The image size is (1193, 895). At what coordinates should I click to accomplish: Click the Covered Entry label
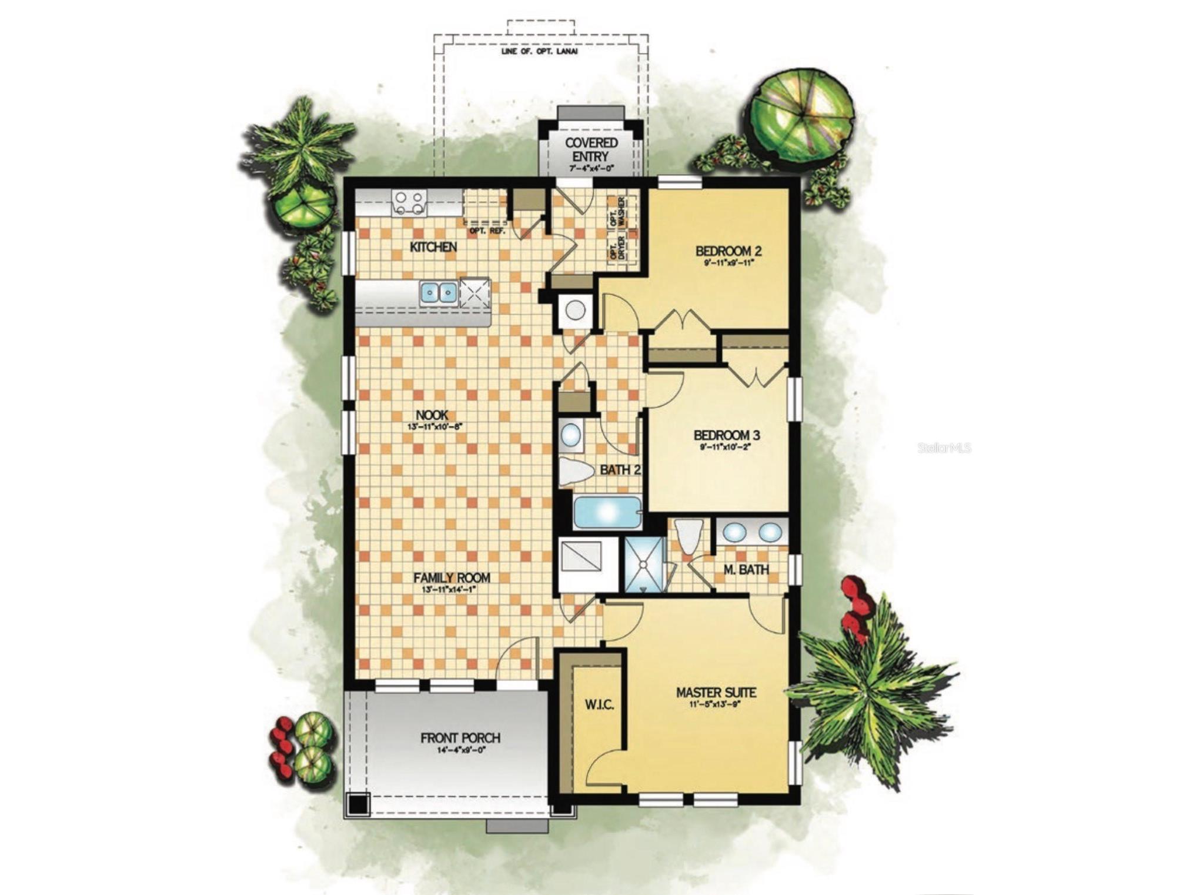pyautogui.click(x=591, y=149)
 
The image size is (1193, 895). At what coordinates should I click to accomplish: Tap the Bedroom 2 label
pyautogui.click(x=729, y=251)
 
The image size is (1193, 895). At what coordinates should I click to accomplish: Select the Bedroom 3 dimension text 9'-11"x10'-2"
pyautogui.click(x=727, y=447)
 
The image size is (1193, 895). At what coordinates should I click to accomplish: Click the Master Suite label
pyautogui.click(x=716, y=692)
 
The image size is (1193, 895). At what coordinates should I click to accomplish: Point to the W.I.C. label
pyautogui.click(x=599, y=704)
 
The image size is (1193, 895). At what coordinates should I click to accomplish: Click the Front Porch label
pyautogui.click(x=460, y=737)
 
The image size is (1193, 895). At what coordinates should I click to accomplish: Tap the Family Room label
pyautogui.click(x=452, y=577)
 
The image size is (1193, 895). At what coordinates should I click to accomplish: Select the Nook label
pyautogui.click(x=432, y=415)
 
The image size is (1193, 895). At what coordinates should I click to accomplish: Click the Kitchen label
pyautogui.click(x=433, y=247)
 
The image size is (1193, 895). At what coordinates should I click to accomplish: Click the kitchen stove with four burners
pyautogui.click(x=410, y=203)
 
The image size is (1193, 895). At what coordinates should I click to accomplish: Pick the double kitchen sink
pyautogui.click(x=439, y=292)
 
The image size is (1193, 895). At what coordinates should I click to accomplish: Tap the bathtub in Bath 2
pyautogui.click(x=607, y=512)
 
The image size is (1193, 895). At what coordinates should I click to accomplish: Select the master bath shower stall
pyautogui.click(x=644, y=565)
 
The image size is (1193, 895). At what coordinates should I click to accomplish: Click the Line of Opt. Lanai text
pyautogui.click(x=539, y=51)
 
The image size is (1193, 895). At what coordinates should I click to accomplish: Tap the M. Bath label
pyautogui.click(x=746, y=569)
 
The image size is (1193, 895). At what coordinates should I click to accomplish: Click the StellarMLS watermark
pyautogui.click(x=944, y=448)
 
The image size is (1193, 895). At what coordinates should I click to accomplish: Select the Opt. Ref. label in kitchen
pyautogui.click(x=487, y=231)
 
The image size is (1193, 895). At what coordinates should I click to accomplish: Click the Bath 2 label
pyautogui.click(x=620, y=469)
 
